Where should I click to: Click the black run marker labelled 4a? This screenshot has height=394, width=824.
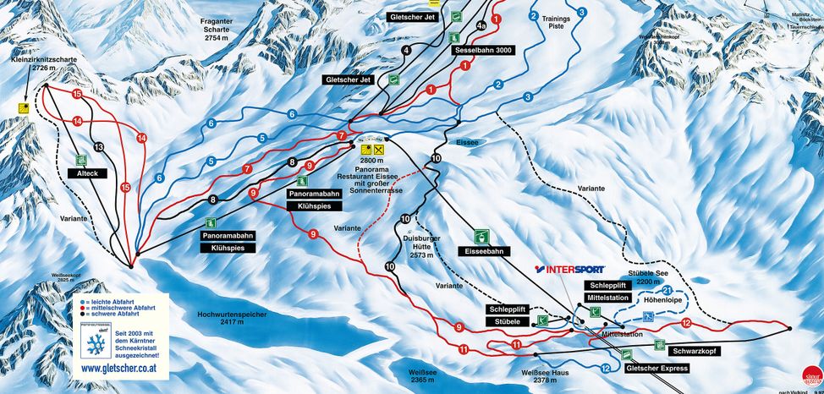(x=481, y=26)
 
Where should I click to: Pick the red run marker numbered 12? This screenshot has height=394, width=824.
(x=686, y=323)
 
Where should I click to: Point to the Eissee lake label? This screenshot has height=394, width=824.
(x=467, y=142)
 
